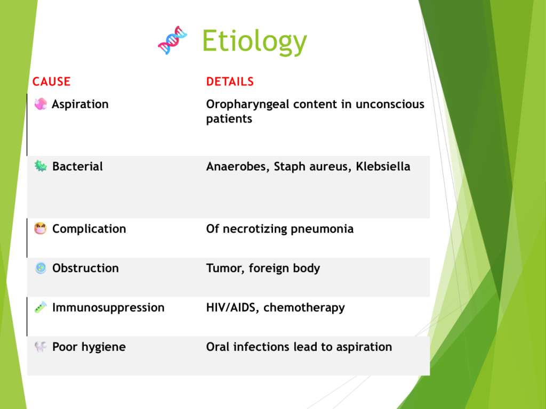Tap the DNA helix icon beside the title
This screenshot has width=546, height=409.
click(172, 40)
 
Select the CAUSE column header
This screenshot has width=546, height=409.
click(52, 81)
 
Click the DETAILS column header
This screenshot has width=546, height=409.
click(230, 81)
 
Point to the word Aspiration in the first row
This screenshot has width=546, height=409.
click(80, 104)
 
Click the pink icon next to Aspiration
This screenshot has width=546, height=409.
click(41, 104)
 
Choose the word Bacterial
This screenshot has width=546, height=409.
click(77, 166)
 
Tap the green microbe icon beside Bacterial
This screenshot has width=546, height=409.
click(41, 166)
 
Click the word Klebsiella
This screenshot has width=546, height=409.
click(383, 166)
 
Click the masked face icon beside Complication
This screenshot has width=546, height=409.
click(41, 228)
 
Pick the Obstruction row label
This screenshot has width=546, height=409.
click(85, 268)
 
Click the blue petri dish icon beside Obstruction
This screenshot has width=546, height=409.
click(41, 268)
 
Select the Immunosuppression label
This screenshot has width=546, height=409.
click(108, 308)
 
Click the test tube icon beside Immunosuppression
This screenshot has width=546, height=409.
click(41, 307)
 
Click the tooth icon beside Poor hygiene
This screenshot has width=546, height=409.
click(41, 347)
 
